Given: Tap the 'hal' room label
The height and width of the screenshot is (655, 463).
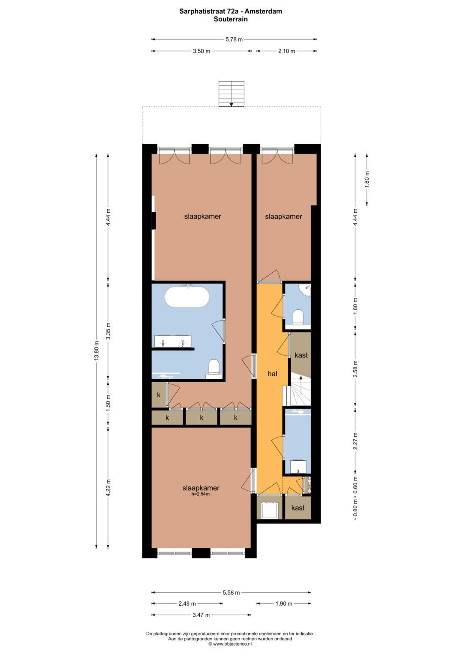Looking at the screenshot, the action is pyautogui.click(x=272, y=374).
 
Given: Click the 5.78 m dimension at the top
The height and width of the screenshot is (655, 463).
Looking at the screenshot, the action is pyautogui.click(x=234, y=39).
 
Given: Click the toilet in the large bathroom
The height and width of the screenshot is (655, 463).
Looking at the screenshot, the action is pyautogui.click(x=214, y=367).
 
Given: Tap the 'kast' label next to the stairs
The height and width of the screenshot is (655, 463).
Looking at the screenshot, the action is pyautogui.click(x=301, y=355).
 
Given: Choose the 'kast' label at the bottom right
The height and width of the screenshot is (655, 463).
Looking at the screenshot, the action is pyautogui.click(x=298, y=508).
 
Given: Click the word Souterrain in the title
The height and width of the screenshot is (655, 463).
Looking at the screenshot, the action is pyautogui.click(x=231, y=19).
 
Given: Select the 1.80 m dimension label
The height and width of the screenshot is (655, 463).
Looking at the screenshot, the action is pyautogui.click(x=367, y=180).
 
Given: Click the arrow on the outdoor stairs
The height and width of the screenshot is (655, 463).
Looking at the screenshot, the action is pyautogui.click(x=231, y=103).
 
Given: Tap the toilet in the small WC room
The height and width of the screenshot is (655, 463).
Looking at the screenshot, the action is pyautogui.click(x=298, y=317).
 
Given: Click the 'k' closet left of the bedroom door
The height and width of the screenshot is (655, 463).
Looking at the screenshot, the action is pyautogui.click(x=159, y=395).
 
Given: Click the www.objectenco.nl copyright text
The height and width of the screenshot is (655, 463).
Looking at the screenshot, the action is pyautogui.click(x=231, y=643).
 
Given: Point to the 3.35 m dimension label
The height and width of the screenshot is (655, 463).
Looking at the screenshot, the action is pyautogui.click(x=108, y=331).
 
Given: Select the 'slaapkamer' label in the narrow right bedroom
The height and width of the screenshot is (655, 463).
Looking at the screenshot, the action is pyautogui.click(x=283, y=217).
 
